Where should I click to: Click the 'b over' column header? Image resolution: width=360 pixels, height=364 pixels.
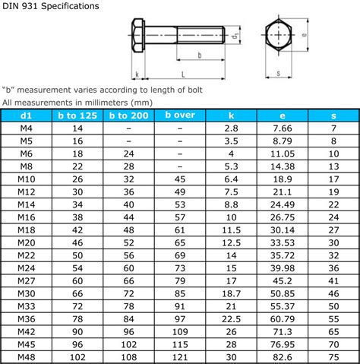click(180, 116)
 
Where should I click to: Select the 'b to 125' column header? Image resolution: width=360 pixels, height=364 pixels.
click(77, 116)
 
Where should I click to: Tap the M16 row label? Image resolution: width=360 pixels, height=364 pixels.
click(27, 217)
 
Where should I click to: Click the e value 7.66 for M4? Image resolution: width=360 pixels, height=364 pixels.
click(283, 128)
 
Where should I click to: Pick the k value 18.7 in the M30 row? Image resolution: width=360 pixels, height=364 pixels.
click(231, 293)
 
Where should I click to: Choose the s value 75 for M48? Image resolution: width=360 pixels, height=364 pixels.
click(333, 357)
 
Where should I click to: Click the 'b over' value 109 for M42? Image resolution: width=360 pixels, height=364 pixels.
click(180, 332)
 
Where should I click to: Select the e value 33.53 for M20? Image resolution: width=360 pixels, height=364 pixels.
click(283, 242)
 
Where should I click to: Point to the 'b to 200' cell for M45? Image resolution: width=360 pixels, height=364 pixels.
click(129, 344)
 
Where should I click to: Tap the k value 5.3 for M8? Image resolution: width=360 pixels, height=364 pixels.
click(231, 166)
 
